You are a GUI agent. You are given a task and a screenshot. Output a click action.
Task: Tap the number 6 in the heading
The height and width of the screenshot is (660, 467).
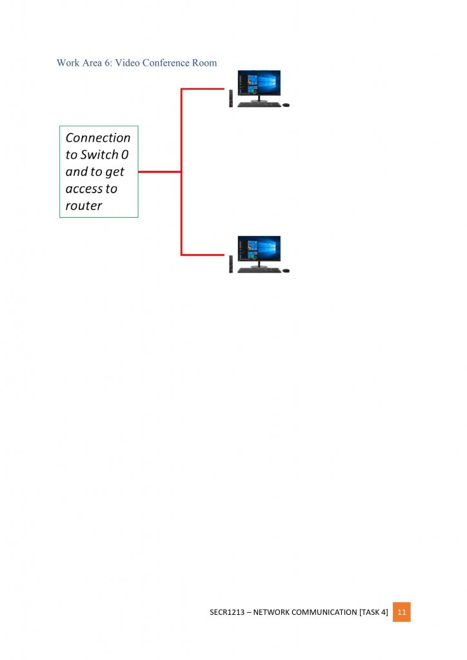tap(106, 63)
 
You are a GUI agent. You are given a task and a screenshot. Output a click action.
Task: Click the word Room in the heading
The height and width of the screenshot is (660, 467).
tap(204, 63)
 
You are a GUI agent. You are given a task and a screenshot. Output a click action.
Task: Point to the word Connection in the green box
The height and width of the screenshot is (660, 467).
tap(98, 138)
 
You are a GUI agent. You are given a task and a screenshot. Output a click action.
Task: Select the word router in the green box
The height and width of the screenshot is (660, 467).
tap(84, 206)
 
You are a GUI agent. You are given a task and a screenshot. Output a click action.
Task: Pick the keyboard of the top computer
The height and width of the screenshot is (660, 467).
tap(259, 104)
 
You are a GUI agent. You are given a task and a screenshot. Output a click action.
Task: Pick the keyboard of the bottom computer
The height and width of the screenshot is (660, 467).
tap(259, 270)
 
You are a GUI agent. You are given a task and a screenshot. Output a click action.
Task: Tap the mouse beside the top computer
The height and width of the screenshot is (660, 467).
tap(286, 104)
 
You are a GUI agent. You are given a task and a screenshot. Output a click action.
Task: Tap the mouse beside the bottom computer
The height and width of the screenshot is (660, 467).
tap(286, 270)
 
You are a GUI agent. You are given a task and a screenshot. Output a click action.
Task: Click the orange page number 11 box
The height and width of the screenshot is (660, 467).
tap(401, 612)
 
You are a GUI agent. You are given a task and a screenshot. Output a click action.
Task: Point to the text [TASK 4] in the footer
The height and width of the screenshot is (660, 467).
tap(373, 612)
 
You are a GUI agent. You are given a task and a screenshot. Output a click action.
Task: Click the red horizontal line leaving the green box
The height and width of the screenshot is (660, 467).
tap(159, 172)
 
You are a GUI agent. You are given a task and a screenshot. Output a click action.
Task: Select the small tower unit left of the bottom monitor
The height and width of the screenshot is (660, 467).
tap(231, 264)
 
